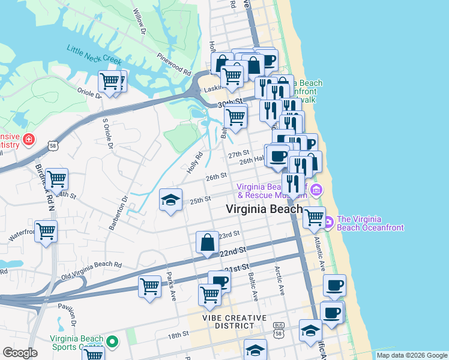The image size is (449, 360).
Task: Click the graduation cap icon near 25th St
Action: click(170, 199)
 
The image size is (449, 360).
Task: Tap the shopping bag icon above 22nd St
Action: click(207, 242)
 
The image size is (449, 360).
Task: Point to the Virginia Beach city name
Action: click(264, 209)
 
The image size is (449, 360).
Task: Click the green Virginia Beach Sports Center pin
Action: click(111, 341)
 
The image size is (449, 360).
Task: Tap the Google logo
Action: click(20, 353)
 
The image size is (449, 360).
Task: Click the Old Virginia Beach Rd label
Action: click(92, 270)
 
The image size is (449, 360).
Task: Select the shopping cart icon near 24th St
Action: click(56, 178)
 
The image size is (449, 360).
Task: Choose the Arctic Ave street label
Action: click(280, 280)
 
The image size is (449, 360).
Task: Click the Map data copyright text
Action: click(412, 355)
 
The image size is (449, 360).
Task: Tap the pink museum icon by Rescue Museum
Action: click(317, 190)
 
